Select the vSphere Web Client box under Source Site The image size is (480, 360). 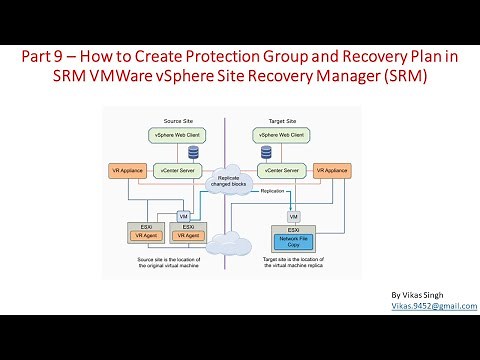click(x=180, y=134)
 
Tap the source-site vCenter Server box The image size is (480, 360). click(x=180, y=170)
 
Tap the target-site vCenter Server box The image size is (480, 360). click(x=281, y=170)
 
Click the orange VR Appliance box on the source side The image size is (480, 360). click(x=128, y=170)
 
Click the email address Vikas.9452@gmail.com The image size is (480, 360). click(x=434, y=306)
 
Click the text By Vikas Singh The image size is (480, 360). click(x=418, y=295)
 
